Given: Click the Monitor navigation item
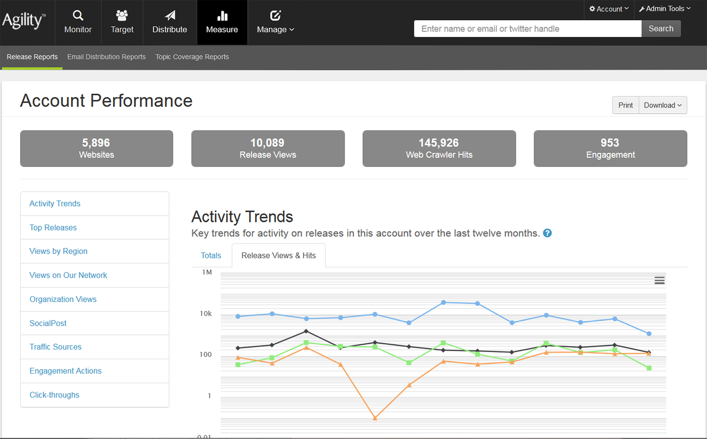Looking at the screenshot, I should tap(78, 22).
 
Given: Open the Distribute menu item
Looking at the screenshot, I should tap(170, 22).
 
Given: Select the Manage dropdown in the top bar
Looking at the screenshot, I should tap(275, 22).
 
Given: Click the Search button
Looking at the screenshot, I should tap(661, 29).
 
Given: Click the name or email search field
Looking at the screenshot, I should tap(527, 29).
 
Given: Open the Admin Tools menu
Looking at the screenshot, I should tap(665, 9).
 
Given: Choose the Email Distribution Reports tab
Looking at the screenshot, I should tap(106, 57).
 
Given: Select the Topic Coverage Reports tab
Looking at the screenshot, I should tap(192, 57).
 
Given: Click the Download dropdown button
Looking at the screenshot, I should tap(662, 105).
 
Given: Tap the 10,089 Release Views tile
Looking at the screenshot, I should tap(268, 148).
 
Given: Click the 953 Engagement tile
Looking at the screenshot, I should tap(610, 148).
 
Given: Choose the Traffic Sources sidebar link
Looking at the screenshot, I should tap(56, 347).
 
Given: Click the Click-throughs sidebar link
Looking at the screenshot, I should tap(54, 395).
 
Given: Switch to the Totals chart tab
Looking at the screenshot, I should tap(211, 255).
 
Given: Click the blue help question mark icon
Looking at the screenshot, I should tap(547, 233).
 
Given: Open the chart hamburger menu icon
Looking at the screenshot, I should tap(659, 280).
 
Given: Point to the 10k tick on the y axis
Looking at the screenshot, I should tap(206, 314).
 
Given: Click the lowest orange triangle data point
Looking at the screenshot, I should tap(375, 418).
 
